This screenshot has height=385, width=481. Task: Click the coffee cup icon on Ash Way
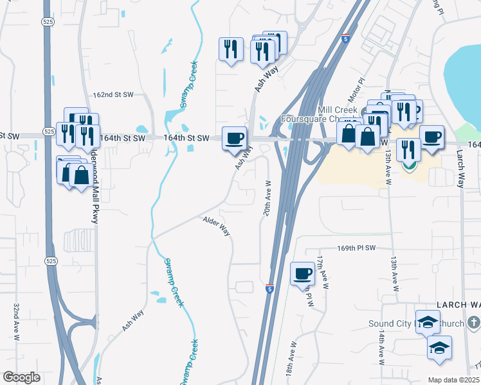(234, 137)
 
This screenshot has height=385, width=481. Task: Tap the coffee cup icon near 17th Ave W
(303, 273)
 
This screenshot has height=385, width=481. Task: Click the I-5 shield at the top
(346, 38)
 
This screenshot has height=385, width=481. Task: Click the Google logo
(22, 377)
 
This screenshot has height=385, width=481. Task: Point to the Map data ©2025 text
(453, 380)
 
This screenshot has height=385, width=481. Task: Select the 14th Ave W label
(382, 348)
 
